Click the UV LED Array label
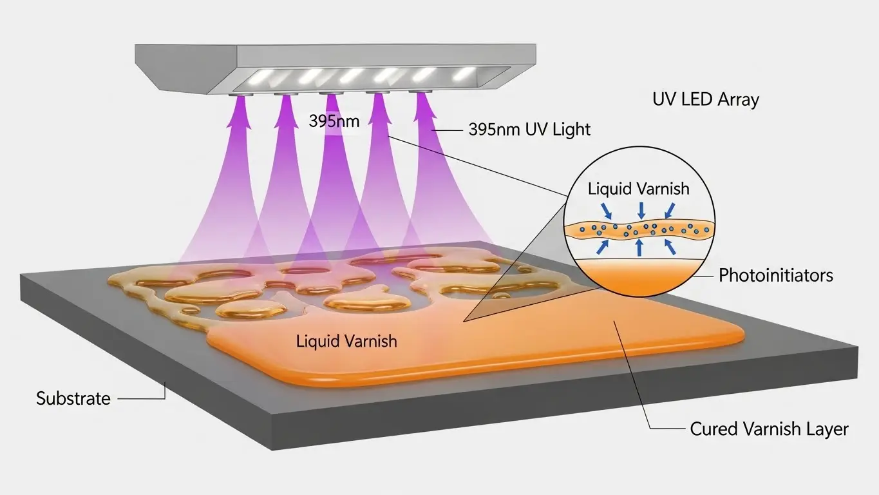click(x=705, y=100)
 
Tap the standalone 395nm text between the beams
click(x=334, y=121)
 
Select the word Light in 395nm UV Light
click(x=570, y=130)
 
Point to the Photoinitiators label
click(x=775, y=276)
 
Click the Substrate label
click(x=73, y=398)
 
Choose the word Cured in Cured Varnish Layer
click(x=712, y=429)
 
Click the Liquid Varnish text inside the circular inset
click(x=639, y=189)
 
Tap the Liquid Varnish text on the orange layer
click(x=346, y=341)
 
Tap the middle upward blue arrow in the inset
click(x=639, y=248)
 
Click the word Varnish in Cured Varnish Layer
click(x=770, y=429)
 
